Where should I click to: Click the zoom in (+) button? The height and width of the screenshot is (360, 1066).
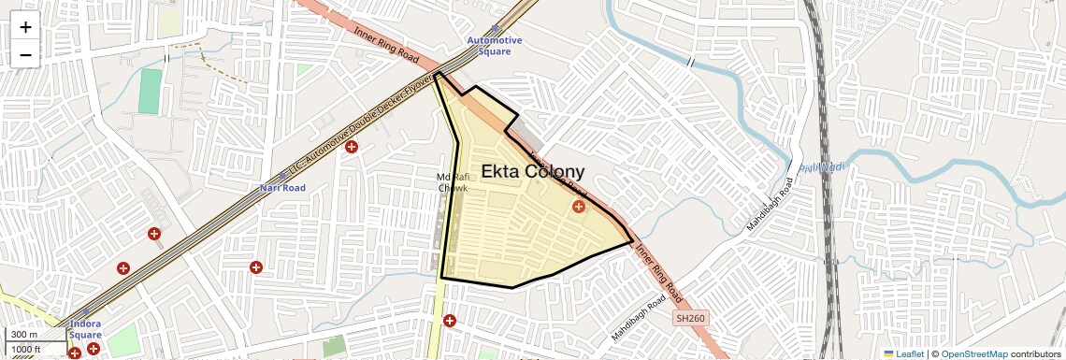(25, 27)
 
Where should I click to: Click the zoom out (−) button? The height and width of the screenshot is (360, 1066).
(25, 55)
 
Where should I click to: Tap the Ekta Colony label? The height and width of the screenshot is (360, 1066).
(532, 172)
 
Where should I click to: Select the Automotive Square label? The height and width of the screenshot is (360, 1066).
(495, 46)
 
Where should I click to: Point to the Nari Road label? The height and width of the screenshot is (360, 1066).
(282, 188)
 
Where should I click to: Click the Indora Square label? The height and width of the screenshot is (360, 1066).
(85, 329)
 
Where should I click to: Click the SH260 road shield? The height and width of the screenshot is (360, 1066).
(691, 319)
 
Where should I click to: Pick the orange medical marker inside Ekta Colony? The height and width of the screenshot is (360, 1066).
(579, 206)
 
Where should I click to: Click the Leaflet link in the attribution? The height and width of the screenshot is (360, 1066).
(903, 353)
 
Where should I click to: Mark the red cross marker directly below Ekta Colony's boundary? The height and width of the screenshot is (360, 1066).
(450, 321)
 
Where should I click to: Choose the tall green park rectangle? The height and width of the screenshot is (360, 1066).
(150, 92)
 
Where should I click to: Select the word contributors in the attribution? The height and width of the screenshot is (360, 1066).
(1035, 353)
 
